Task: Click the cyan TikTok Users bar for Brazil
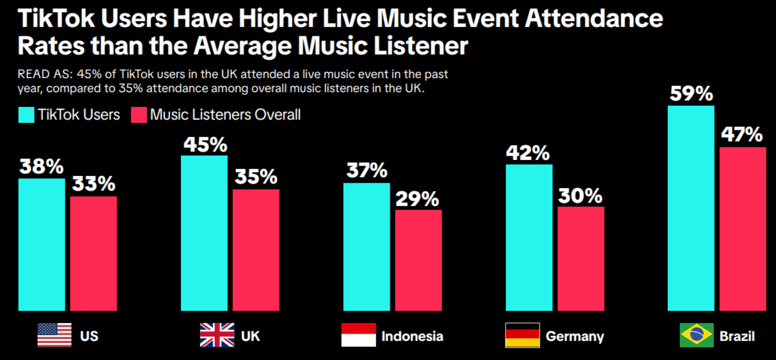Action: point(691,208)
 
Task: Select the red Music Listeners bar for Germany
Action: point(580,258)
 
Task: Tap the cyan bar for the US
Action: point(42,244)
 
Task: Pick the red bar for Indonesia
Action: point(418,260)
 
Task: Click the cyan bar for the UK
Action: point(204,233)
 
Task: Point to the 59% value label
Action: point(691,93)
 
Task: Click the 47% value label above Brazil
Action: point(742,135)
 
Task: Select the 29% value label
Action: point(418,198)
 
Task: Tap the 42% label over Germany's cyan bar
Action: point(528,153)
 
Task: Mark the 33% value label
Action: point(93,184)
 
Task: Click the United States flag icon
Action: point(54,335)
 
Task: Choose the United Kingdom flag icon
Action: point(217,335)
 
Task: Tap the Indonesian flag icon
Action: point(358,335)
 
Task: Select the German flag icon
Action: point(522,335)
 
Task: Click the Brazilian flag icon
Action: point(697,335)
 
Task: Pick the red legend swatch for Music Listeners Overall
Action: point(139,115)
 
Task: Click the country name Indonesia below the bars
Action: point(412,336)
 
